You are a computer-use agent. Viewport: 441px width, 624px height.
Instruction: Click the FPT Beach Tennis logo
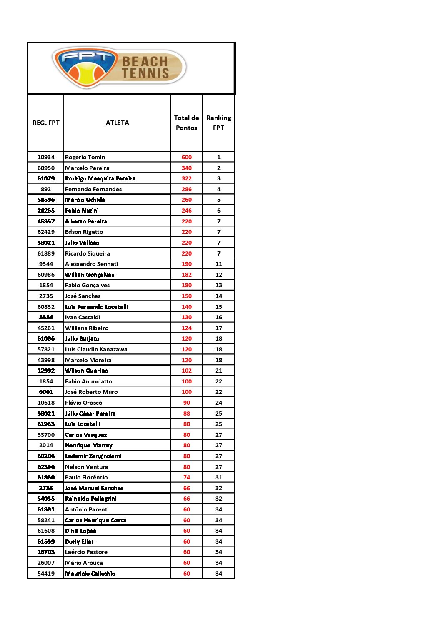[x=119, y=68]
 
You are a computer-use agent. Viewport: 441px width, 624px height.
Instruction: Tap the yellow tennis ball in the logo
[x=87, y=74]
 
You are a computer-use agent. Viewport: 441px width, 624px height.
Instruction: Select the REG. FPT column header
[x=46, y=123]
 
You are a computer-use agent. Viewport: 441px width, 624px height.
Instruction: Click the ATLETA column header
[x=117, y=123]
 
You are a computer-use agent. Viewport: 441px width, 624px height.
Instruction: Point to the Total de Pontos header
[x=186, y=123]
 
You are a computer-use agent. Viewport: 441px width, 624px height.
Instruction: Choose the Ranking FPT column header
[x=218, y=123]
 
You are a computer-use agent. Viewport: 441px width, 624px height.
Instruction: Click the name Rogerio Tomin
[x=85, y=157]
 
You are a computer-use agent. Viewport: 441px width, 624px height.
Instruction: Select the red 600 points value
[x=186, y=157]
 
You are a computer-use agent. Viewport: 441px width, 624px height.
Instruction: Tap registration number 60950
[x=46, y=168]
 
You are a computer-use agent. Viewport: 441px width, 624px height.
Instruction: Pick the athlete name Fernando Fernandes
[x=93, y=189]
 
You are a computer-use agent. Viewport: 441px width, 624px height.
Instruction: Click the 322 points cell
[x=186, y=178]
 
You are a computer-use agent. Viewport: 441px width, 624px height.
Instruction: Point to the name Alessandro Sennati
[x=91, y=264]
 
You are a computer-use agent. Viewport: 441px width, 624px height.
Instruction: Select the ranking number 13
[x=218, y=285]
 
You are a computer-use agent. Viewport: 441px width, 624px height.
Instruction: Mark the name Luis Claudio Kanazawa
[x=96, y=349]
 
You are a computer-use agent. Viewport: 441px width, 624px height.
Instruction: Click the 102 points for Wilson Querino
[x=186, y=371]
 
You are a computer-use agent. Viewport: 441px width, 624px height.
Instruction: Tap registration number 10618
[x=46, y=403]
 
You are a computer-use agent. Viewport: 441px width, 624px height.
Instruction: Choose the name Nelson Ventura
[x=86, y=467]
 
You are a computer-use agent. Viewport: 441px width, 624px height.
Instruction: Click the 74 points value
[x=186, y=477]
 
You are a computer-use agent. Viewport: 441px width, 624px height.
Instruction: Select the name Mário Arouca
[x=84, y=563]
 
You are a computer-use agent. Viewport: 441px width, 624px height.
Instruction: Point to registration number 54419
[x=46, y=574]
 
